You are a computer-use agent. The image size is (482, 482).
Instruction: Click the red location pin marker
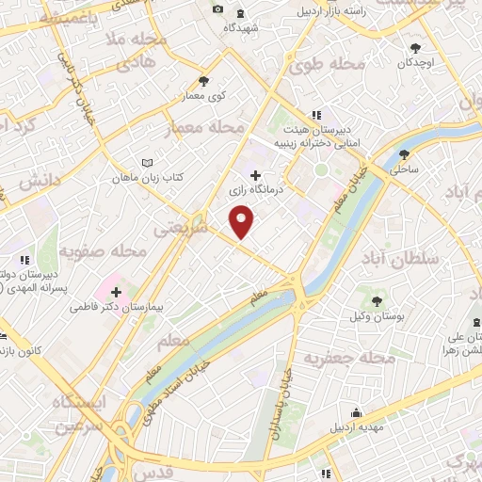click(x=243, y=220)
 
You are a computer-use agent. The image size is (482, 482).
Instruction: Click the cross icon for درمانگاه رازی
click(x=256, y=174)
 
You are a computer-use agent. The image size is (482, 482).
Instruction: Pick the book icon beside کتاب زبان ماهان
click(x=146, y=163)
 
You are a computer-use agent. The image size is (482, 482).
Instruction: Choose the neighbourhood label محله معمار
click(x=204, y=126)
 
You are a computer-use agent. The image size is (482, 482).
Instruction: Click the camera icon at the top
click(x=218, y=9)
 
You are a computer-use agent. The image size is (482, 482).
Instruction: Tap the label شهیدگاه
click(x=241, y=28)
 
